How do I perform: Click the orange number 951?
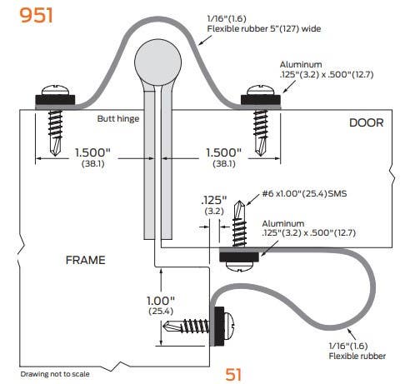pyautogui.click(x=28, y=15)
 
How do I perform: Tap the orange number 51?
pyautogui.click(x=234, y=373)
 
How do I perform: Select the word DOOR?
pyautogui.click(x=367, y=122)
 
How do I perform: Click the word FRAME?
pyautogui.click(x=85, y=260)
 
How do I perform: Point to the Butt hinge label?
pyautogui.click(x=117, y=119)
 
